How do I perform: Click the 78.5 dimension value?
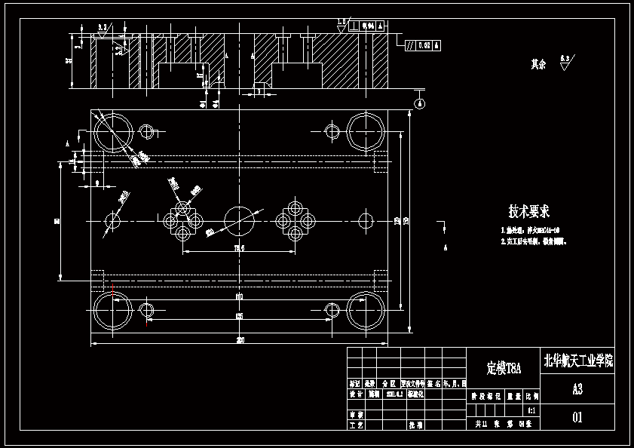click(240, 247)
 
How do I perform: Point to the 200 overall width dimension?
click(240, 340)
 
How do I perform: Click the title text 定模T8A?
click(504, 369)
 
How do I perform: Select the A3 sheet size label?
click(577, 389)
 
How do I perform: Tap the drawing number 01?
click(577, 416)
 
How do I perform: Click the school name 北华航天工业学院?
click(578, 361)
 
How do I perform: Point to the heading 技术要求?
click(528, 211)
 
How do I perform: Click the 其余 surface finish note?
click(538, 64)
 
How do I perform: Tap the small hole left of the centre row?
click(114, 220)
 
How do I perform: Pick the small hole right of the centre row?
click(366, 220)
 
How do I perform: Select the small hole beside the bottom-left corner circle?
click(147, 310)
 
